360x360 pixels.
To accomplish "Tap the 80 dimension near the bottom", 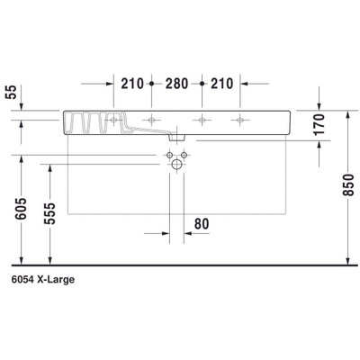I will click(x=201, y=221).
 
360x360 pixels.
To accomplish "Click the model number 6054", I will click(x=24, y=280).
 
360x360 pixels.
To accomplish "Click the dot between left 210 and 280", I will click(x=152, y=85).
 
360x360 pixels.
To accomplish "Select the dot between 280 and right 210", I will click(x=203, y=85).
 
